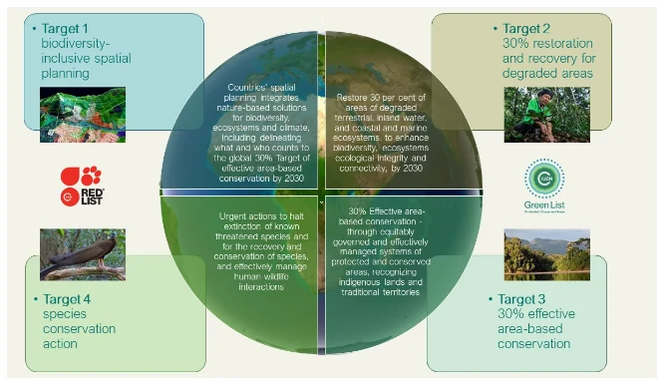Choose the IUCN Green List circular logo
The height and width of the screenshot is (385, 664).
coord(544,180)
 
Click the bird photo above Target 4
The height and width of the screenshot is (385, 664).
coord(81,253)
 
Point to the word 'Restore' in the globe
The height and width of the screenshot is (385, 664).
coord(354,97)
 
